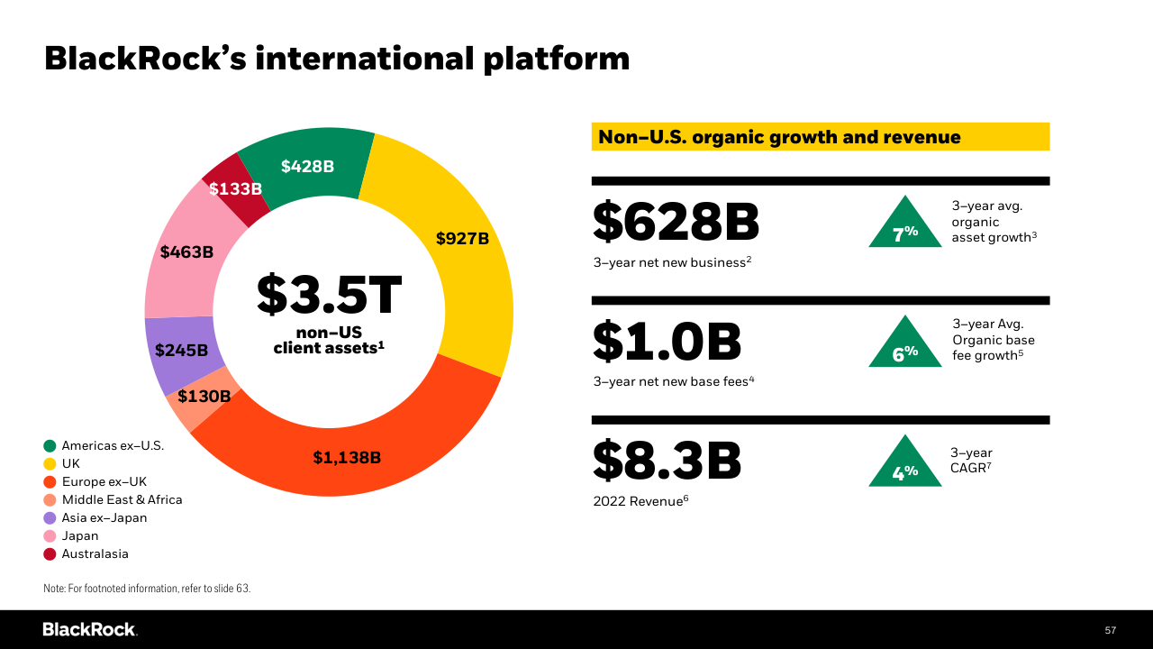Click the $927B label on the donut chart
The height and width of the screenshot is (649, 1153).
[462, 239]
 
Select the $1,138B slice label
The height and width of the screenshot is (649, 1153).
[347, 458]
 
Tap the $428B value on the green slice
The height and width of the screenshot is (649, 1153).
[307, 167]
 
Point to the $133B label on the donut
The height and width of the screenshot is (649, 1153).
[235, 189]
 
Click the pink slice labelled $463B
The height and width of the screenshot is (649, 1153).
[186, 252]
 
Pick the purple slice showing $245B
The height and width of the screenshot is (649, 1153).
[181, 351]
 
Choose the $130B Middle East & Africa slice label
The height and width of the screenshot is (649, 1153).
[204, 397]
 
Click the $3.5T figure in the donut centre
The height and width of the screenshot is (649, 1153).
[329, 295]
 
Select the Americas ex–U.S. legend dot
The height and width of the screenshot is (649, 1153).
[50, 445]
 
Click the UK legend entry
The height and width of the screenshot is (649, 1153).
[70, 463]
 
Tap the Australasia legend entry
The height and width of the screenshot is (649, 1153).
[95, 553]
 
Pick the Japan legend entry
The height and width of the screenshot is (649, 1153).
[79, 535]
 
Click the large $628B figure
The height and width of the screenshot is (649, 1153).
[676, 222]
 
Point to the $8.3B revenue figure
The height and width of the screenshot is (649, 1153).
[667, 461]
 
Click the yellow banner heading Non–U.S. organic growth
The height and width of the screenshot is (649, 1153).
[820, 137]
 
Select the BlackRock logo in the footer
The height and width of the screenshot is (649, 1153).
[89, 629]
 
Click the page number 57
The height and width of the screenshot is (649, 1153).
[1110, 630]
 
